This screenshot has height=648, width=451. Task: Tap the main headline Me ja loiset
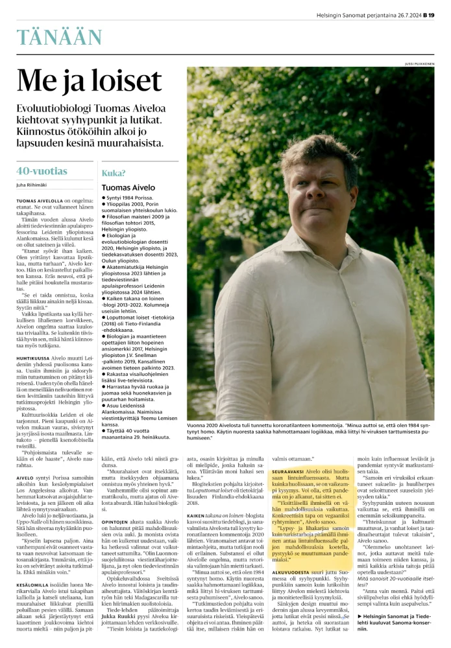point(89,82)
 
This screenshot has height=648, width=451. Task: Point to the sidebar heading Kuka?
point(114,173)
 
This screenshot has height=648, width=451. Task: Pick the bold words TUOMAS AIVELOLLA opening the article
point(40,202)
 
